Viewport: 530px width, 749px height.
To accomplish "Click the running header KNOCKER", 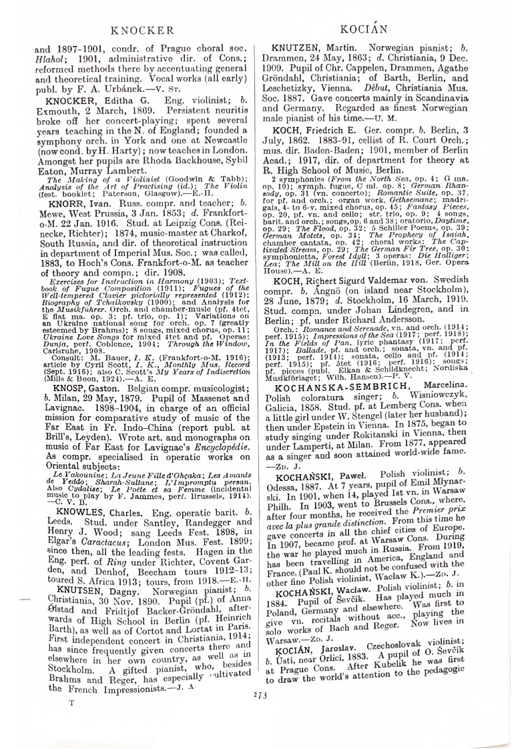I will pyautogui.click(x=142, y=30).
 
